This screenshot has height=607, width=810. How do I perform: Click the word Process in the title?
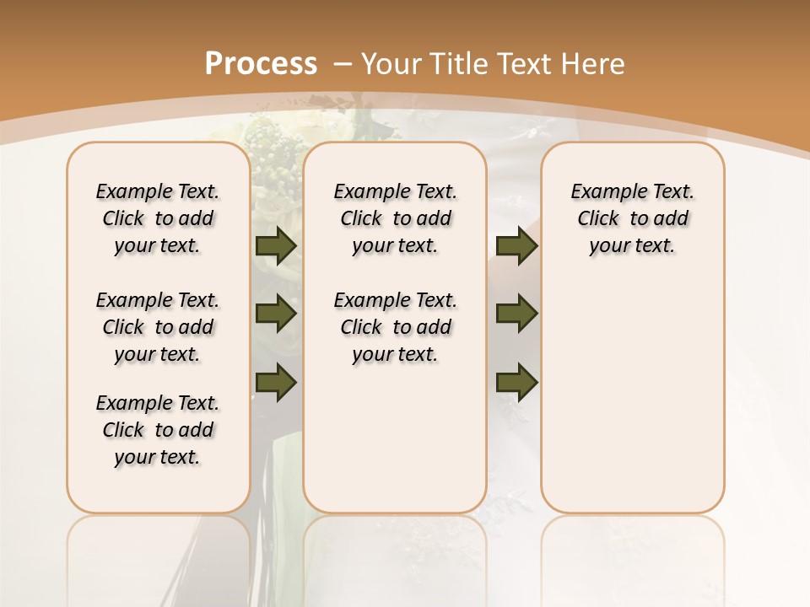tap(261, 63)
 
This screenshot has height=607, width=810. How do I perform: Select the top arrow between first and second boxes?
tap(275, 245)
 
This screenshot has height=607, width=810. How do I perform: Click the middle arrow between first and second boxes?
tap(275, 314)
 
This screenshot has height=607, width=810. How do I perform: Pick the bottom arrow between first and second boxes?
tap(275, 382)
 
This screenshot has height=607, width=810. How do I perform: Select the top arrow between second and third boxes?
tap(516, 245)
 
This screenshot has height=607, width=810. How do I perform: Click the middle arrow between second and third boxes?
tap(516, 314)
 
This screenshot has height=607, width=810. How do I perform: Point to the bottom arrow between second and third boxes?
tap(516, 382)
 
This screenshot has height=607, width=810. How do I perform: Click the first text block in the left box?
tap(158, 218)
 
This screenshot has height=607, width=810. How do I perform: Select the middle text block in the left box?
tap(158, 327)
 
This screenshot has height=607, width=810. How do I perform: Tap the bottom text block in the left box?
tap(158, 430)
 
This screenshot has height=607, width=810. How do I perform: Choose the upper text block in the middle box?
tap(395, 218)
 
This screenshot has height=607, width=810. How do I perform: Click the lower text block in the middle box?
tap(395, 327)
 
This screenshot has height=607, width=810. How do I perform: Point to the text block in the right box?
tap(632, 218)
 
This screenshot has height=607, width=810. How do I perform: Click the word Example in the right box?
tap(602, 192)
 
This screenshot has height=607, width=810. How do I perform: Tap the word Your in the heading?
tap(391, 63)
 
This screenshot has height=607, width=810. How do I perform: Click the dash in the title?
tap(343, 63)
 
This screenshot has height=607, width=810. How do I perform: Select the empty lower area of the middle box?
tap(395, 438)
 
